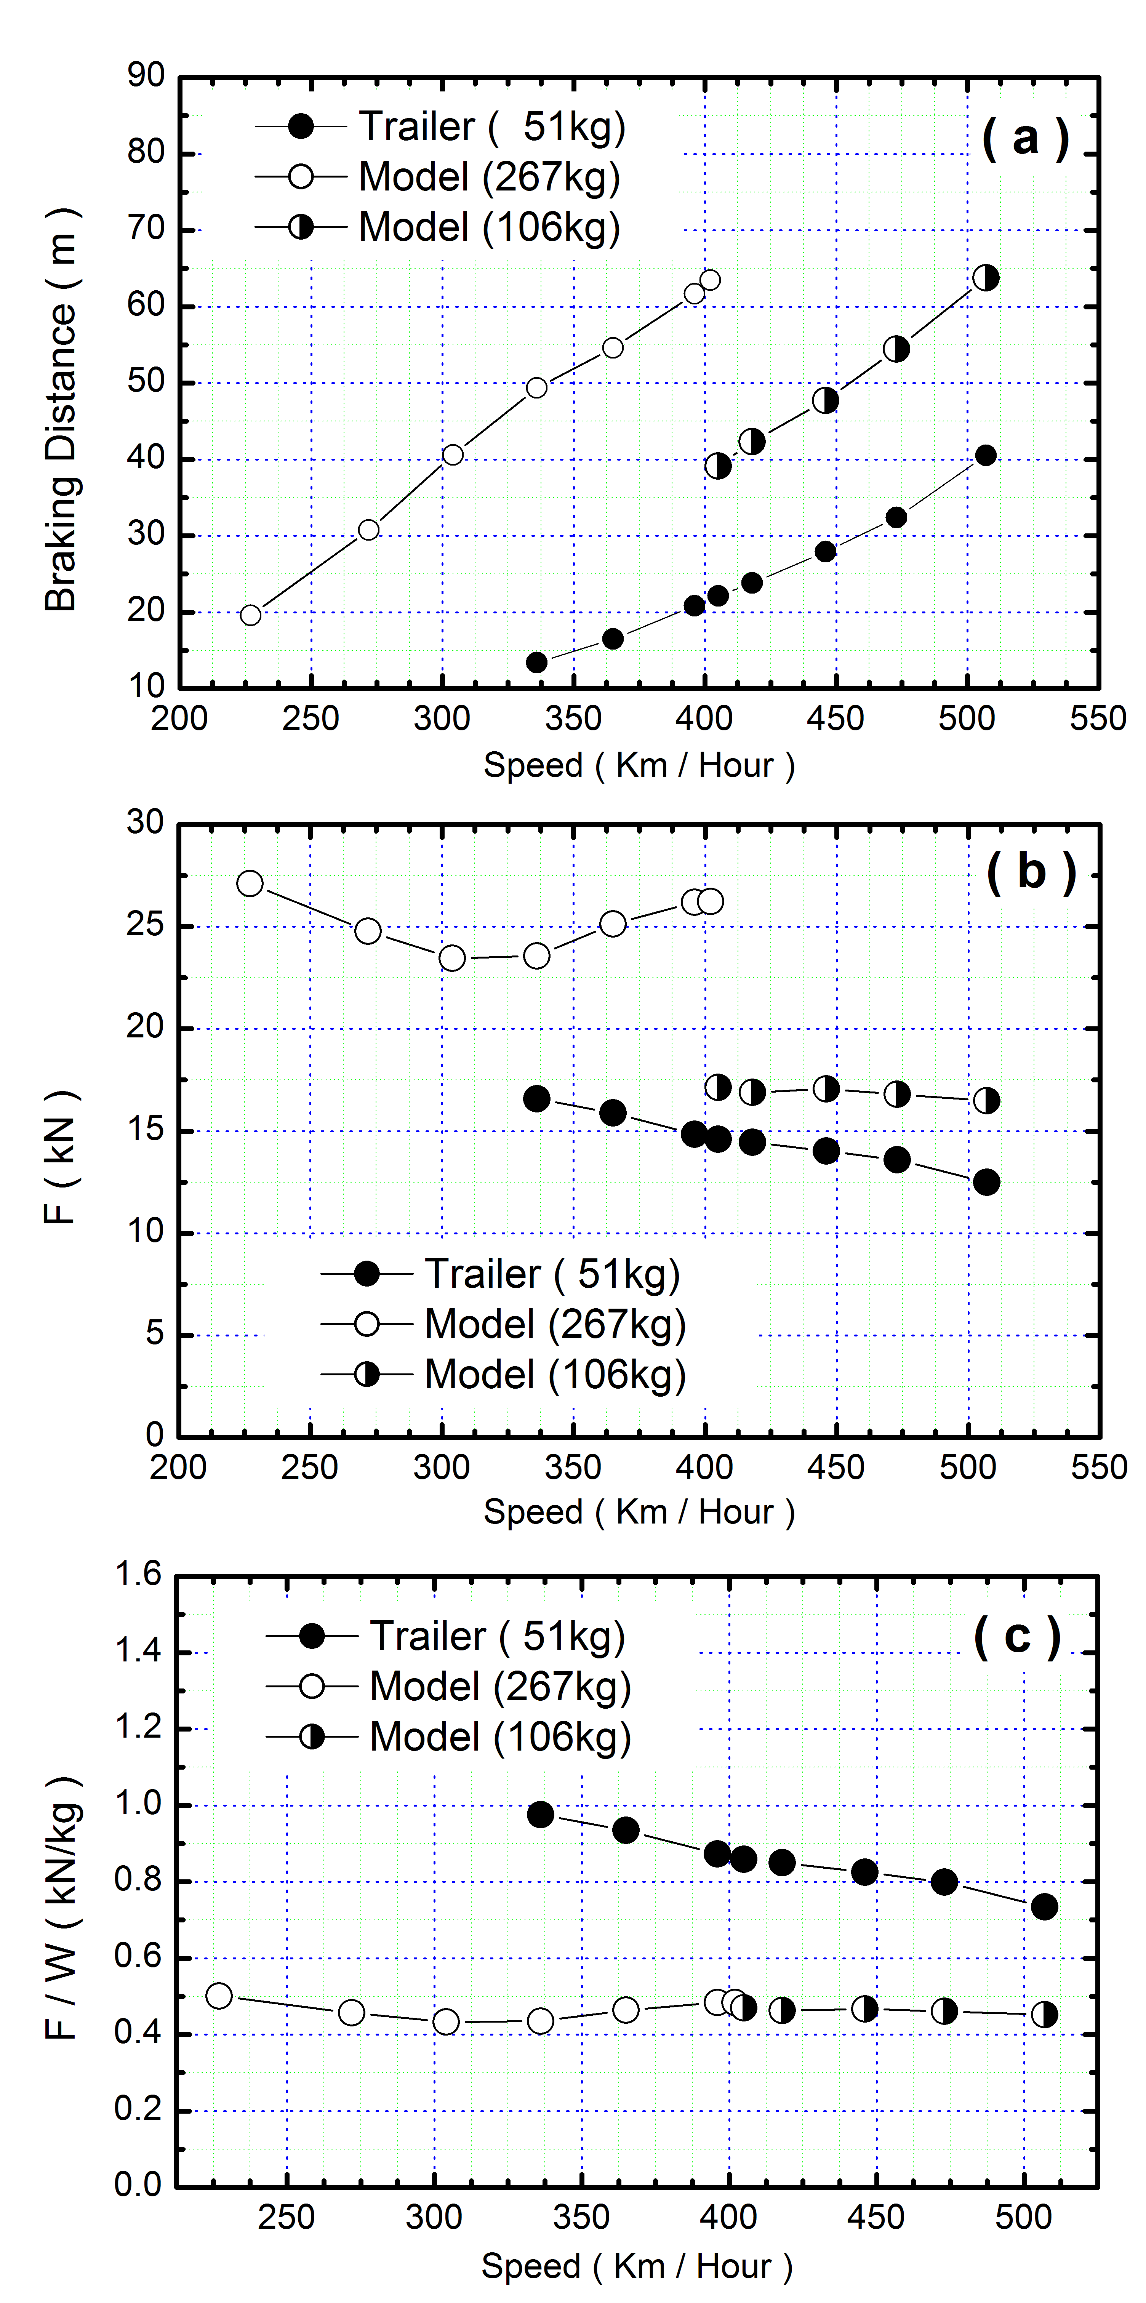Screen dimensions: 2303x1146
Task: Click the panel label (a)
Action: pyautogui.click(x=1025, y=139)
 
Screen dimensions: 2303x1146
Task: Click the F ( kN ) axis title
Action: pyautogui.click(x=61, y=1158)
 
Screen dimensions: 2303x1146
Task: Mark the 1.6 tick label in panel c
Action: pyautogui.click(x=139, y=1574)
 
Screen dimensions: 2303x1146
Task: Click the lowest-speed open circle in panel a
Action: pyautogui.click(x=251, y=615)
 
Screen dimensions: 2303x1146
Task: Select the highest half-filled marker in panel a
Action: pyautogui.click(x=985, y=278)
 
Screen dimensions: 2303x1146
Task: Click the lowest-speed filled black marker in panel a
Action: pyautogui.click(x=536, y=663)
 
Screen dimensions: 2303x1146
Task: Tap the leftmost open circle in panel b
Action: pyautogui.click(x=250, y=883)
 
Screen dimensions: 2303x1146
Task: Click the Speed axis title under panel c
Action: pyautogui.click(x=637, y=2265)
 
